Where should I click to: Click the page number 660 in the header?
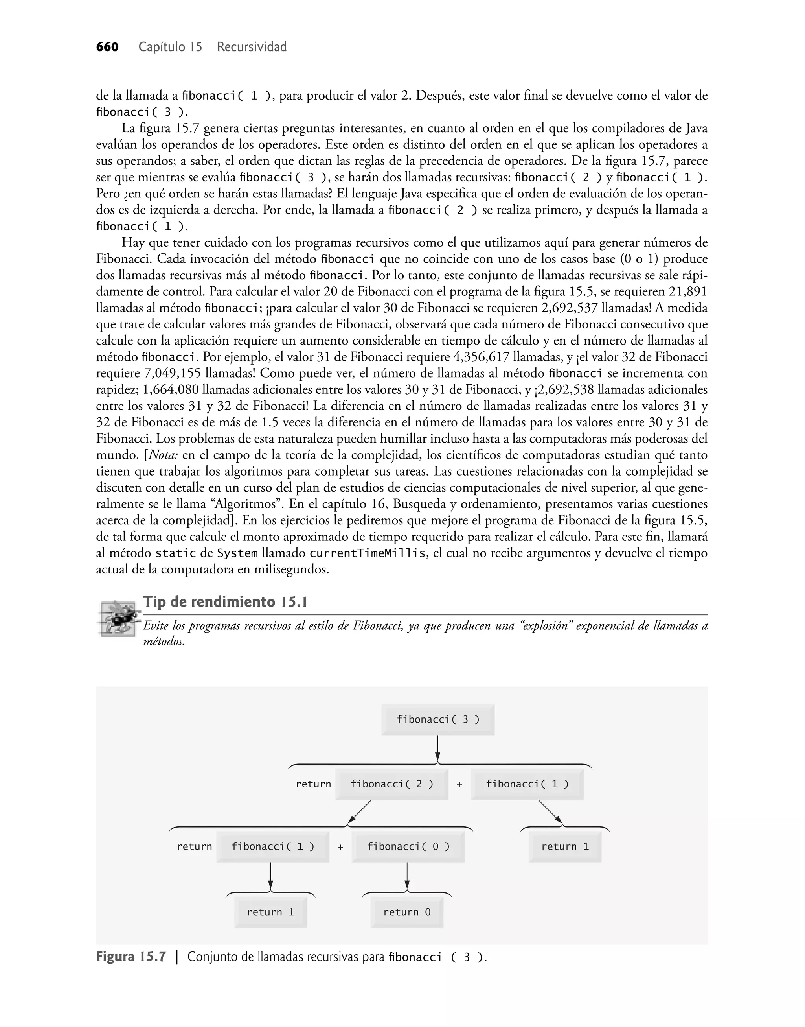(107, 47)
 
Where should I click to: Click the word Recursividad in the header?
(252, 47)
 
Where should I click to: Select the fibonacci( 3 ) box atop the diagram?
(438, 719)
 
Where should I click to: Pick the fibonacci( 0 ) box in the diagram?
(408, 846)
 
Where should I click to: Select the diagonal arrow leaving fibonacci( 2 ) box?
(360, 811)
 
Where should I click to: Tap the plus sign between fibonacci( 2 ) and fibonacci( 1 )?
(459, 785)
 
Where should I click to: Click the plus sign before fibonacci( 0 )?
(340, 847)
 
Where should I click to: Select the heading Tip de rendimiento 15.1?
(225, 602)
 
